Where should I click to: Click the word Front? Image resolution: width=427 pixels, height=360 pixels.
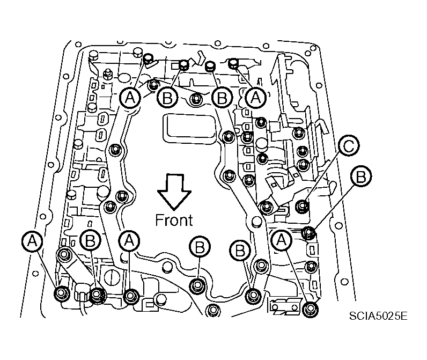(174, 219)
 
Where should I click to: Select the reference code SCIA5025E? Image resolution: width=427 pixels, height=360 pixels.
(377, 315)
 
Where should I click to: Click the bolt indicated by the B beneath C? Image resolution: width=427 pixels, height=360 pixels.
(308, 232)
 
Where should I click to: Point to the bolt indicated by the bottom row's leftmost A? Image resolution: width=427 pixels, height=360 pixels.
(60, 293)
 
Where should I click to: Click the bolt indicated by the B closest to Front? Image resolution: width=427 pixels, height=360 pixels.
(197, 284)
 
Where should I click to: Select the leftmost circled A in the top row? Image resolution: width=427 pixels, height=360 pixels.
(130, 97)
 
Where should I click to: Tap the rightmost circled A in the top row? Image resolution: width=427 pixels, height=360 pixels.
(256, 98)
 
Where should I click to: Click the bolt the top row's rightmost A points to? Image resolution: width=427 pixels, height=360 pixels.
(233, 64)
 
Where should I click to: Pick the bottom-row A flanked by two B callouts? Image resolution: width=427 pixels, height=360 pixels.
(129, 241)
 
